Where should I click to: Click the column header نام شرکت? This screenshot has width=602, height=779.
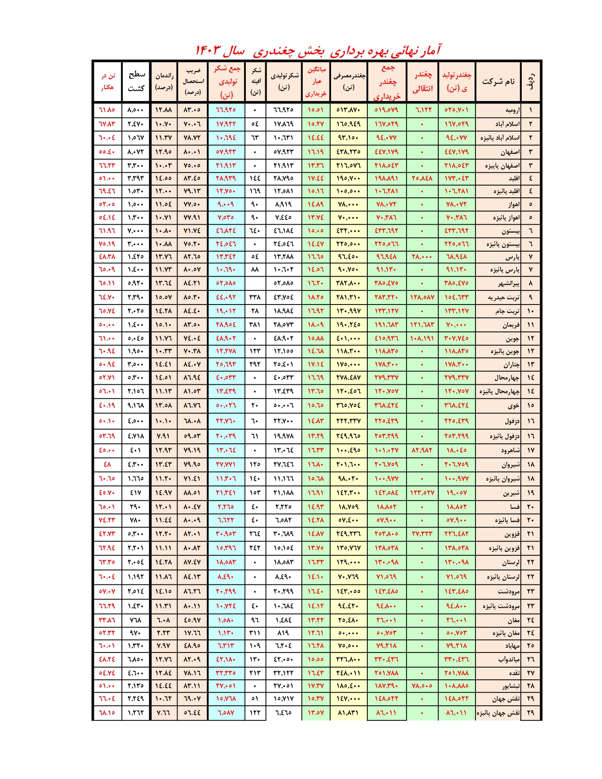[498, 81]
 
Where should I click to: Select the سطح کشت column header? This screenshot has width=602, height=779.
[136, 81]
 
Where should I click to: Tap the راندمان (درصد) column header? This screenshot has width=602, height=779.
[164, 81]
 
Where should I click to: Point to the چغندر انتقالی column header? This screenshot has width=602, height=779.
[423, 81]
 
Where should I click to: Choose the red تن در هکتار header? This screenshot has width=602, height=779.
[108, 81]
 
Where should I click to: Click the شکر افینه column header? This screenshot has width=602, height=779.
[255, 81]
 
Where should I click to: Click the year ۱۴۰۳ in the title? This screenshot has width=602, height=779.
[208, 50]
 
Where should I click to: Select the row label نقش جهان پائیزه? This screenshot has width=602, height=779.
[499, 713]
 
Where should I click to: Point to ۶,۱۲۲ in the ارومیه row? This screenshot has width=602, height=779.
[423, 110]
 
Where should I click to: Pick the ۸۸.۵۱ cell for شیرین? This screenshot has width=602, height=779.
[192, 493]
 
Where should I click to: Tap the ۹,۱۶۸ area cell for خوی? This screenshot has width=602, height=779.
[136, 406]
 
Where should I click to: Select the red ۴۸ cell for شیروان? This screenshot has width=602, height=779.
[107, 465]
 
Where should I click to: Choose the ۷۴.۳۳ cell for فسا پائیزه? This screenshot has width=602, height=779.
[107, 520]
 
